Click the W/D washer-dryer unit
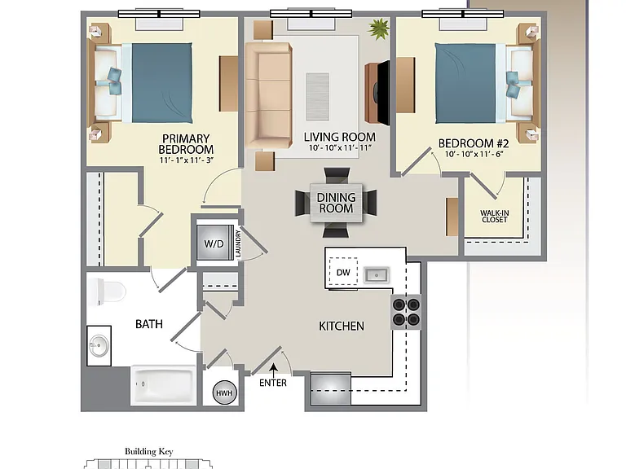tap(214, 243)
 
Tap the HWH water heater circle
tap(224, 393)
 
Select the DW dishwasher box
tap(343, 272)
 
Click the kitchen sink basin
tap(376, 275)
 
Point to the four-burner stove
tap(406, 312)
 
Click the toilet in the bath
tap(107, 292)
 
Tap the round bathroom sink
tap(98, 345)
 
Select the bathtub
tap(163, 385)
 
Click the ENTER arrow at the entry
tap(274, 370)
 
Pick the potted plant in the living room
tap(378, 29)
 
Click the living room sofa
tap(268, 96)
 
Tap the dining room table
tap(336, 203)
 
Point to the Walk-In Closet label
tap(494, 216)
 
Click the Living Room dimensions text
tap(340, 147)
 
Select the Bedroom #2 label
tap(474, 143)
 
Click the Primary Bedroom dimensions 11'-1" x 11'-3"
tap(187, 160)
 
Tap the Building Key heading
tap(149, 451)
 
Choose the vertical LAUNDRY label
tap(238, 243)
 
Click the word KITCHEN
tap(342, 327)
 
